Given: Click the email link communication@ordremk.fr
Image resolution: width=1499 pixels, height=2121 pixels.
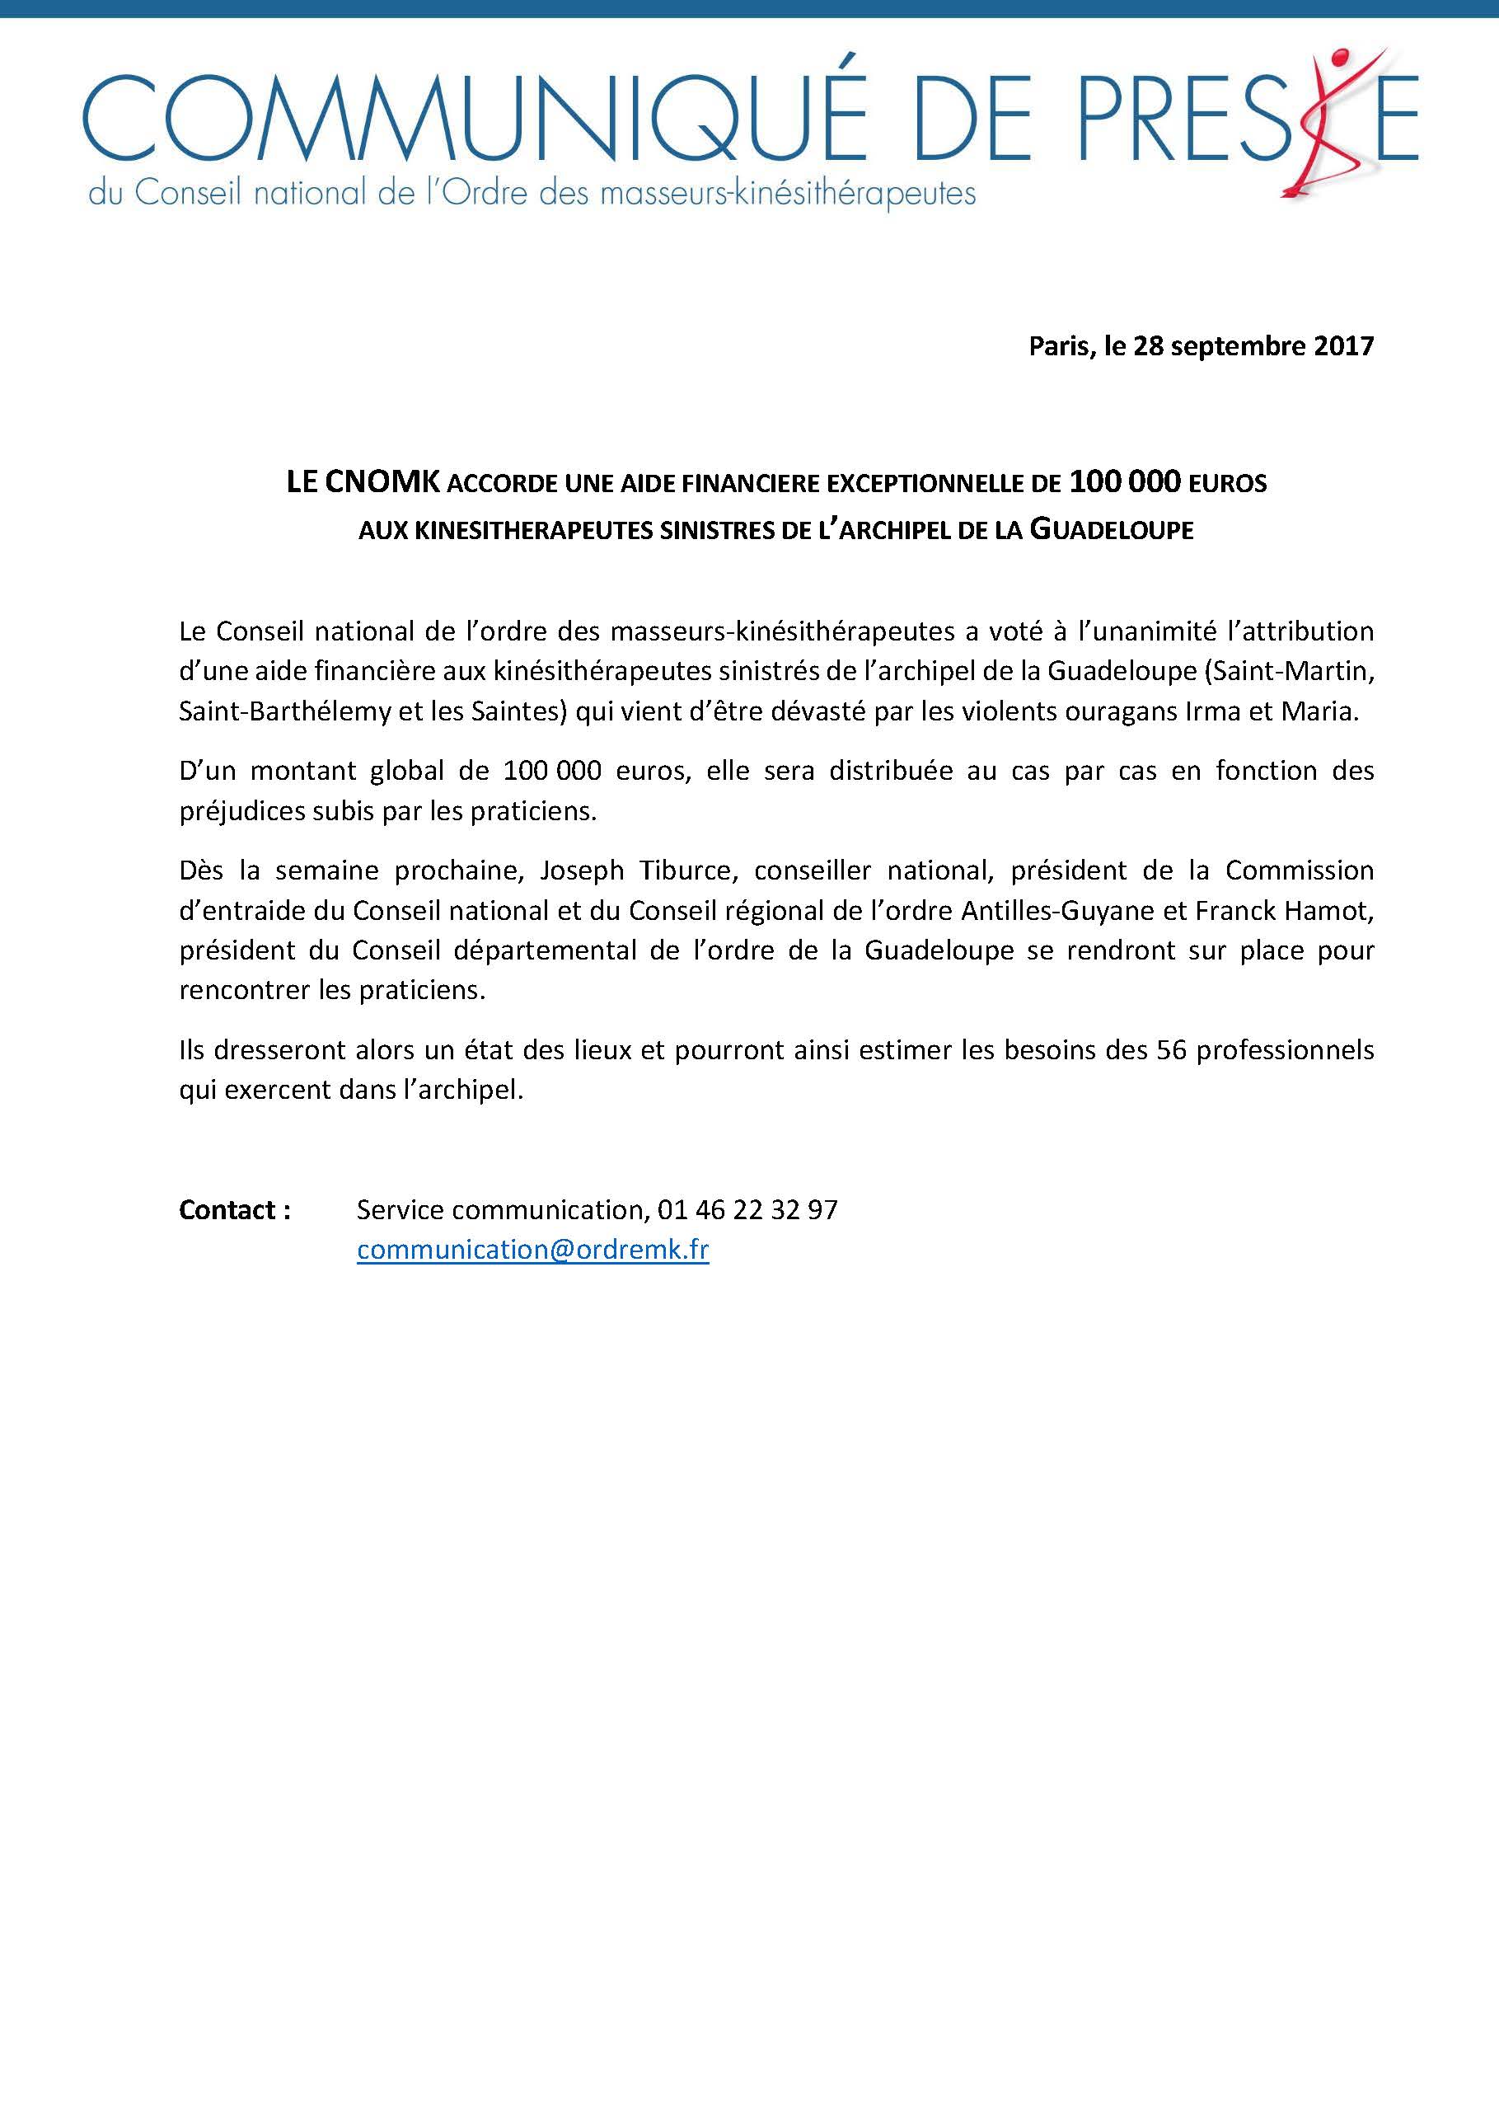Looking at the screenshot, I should click(x=532, y=1250).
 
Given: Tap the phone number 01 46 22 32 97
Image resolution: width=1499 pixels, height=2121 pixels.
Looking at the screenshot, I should click(x=747, y=1210).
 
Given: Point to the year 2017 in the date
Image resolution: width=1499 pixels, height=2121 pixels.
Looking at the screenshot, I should click(x=1343, y=346).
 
